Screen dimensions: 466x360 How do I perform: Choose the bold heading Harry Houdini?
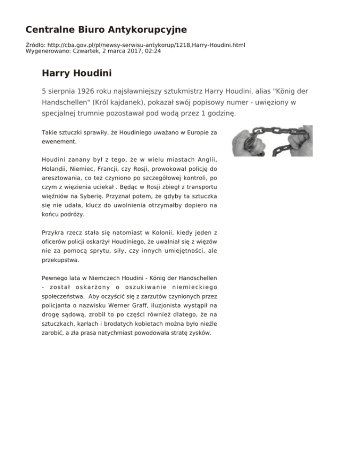pyautogui.click(x=76, y=73)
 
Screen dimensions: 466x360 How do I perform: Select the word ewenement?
pyautogui.click(x=58, y=141)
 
